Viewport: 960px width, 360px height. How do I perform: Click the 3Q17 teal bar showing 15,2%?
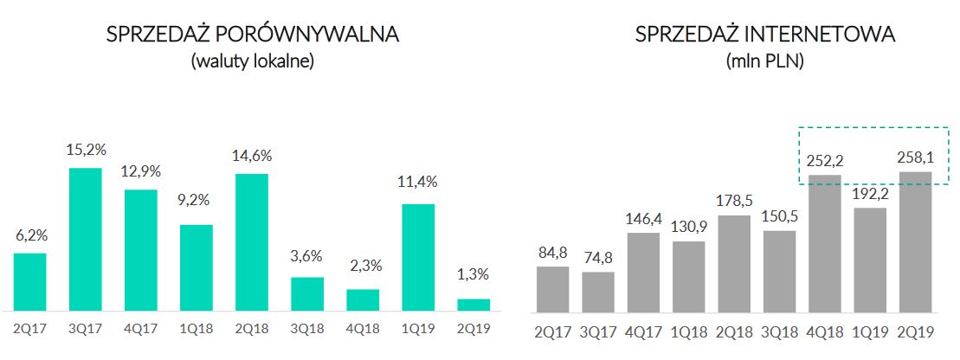86,239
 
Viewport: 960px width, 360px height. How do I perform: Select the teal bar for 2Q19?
474,305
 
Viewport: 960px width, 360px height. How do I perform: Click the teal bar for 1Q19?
418,257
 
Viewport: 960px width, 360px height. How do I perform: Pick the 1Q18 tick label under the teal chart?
197,329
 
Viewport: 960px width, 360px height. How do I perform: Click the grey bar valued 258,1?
915,241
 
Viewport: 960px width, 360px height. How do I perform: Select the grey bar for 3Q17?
598,292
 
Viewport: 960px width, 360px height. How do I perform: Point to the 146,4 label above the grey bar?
643,217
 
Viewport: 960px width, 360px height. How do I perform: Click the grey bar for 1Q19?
870,260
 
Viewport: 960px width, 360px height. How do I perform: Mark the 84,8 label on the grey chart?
552,254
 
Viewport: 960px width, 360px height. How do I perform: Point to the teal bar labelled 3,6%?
307,294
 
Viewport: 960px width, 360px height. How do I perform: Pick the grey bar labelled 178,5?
734,263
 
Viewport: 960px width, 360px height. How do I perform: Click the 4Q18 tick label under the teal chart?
363,329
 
